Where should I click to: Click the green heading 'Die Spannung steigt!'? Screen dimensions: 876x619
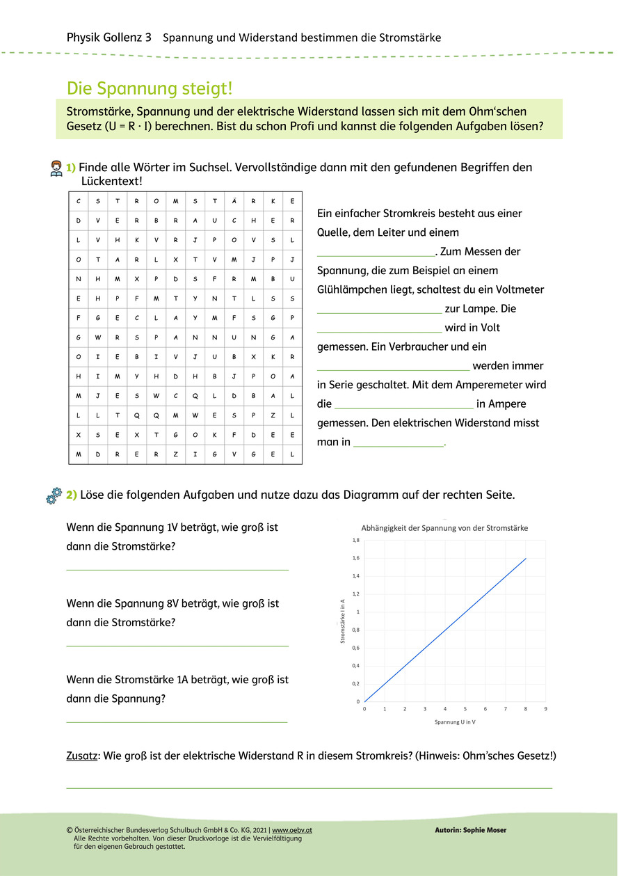[x=150, y=88]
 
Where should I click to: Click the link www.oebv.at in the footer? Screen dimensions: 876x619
[x=291, y=830]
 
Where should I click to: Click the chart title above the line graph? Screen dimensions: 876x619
[x=444, y=528]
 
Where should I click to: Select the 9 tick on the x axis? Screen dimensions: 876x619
[x=545, y=709]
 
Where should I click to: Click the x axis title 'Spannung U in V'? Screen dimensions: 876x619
[x=455, y=722]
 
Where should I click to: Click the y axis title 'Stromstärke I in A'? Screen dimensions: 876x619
[x=342, y=621]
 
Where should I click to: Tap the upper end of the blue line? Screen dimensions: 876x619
[x=525, y=558]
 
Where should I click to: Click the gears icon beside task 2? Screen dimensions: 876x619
[x=54, y=495]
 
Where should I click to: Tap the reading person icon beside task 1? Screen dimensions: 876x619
[x=56, y=168]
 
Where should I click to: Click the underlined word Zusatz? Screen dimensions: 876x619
[x=81, y=756]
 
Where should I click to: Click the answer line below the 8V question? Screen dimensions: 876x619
[x=177, y=646]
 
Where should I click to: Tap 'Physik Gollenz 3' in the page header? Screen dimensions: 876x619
[x=108, y=37]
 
